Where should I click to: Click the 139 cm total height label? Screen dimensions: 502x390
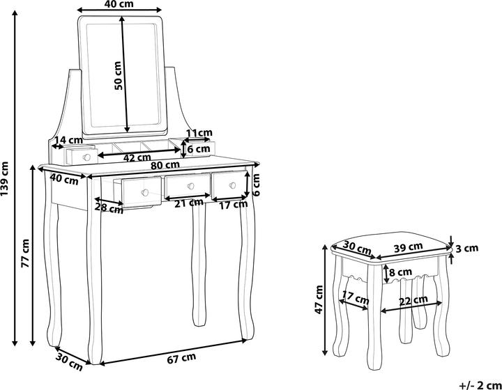[x=5, y=179]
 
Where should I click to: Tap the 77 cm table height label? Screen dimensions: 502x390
[x=25, y=253]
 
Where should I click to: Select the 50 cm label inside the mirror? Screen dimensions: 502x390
[x=118, y=75]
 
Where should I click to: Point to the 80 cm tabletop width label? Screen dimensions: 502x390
[x=165, y=165]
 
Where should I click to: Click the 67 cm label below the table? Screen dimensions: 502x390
[x=181, y=358]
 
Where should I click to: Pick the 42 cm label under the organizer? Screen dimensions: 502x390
[x=137, y=157]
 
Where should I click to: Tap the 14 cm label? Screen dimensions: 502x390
[x=68, y=140]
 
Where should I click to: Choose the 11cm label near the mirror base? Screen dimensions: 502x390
[x=199, y=132]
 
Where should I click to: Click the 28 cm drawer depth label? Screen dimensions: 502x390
[x=109, y=208]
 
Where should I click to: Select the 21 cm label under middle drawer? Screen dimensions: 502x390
[x=189, y=203]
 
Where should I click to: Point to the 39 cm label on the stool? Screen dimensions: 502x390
[x=408, y=247]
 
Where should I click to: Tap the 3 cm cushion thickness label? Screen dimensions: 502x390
[x=466, y=248]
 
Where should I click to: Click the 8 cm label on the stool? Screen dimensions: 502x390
[x=400, y=272]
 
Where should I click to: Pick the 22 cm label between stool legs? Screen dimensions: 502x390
[x=413, y=300]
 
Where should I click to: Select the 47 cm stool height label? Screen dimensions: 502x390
[x=319, y=299]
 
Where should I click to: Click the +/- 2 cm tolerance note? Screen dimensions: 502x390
[x=480, y=385]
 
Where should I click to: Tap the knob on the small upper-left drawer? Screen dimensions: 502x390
[x=86, y=157]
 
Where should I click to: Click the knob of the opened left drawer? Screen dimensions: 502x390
[x=145, y=192]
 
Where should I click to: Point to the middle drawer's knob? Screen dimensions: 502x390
[x=191, y=186]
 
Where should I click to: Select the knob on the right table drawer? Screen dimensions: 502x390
[x=232, y=185]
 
